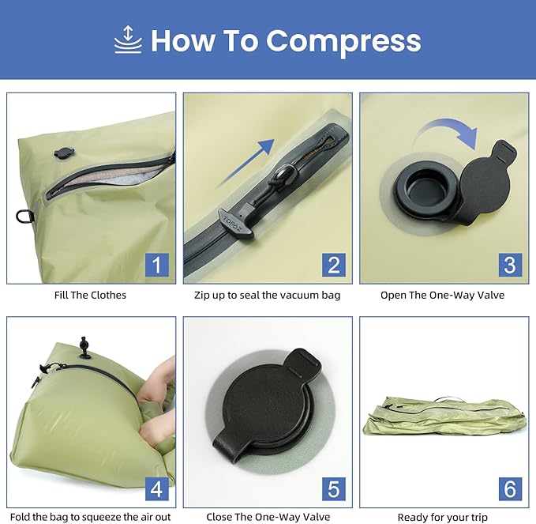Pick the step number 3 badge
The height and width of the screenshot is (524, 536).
509,265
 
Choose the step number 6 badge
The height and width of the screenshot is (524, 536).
509,488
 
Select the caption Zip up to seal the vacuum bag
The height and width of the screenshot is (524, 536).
268,295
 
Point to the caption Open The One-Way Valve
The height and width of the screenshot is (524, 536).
442,295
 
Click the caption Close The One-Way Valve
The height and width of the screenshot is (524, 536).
268,518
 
